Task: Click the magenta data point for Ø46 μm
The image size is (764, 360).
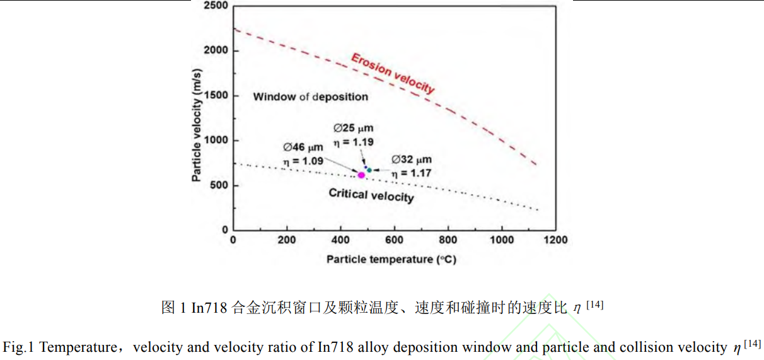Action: (x=361, y=175)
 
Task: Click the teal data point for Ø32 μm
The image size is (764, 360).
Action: (x=369, y=170)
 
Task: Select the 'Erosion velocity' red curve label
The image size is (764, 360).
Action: (x=393, y=74)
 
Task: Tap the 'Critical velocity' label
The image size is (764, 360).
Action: (x=371, y=195)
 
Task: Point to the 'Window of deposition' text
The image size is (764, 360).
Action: (x=310, y=97)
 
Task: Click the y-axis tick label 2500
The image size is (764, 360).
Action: (x=216, y=6)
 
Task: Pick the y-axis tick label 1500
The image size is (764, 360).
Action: (x=216, y=96)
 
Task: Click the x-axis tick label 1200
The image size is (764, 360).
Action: (x=555, y=240)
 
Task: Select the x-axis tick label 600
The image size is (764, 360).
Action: (x=394, y=240)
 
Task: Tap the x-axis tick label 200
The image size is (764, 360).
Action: (x=287, y=240)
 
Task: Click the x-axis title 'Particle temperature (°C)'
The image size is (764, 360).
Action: (x=391, y=260)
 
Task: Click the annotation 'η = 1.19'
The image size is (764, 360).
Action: (x=353, y=142)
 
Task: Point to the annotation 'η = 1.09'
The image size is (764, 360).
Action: (x=303, y=161)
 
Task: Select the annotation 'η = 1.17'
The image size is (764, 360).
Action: (x=412, y=172)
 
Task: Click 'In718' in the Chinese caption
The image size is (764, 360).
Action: (x=209, y=308)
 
